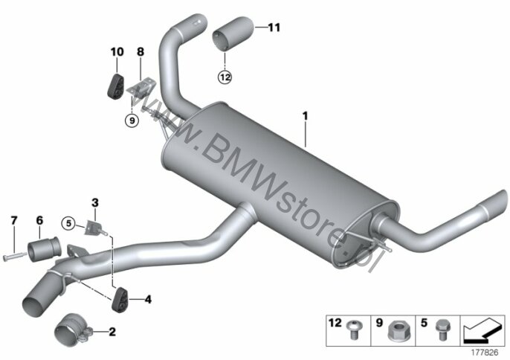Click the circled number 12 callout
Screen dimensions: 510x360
click(x=225, y=77)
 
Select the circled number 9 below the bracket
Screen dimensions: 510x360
click(x=132, y=120)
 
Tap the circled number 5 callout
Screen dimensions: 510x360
click(x=68, y=224)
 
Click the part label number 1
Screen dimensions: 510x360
click(x=305, y=116)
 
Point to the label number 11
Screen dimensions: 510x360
click(x=274, y=28)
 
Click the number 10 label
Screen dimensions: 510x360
click(x=117, y=52)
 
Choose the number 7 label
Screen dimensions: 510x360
click(x=13, y=221)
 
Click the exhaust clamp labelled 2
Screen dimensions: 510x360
click(x=74, y=331)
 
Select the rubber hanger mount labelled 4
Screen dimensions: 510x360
click(x=120, y=300)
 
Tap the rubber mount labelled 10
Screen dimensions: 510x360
click(x=114, y=86)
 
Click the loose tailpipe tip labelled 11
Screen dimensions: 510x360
click(x=233, y=33)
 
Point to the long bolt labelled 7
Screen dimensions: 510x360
click(x=15, y=256)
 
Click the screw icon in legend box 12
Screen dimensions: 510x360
click(x=352, y=330)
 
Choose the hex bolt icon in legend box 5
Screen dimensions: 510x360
click(x=442, y=330)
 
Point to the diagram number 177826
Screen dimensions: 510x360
click(x=485, y=353)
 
